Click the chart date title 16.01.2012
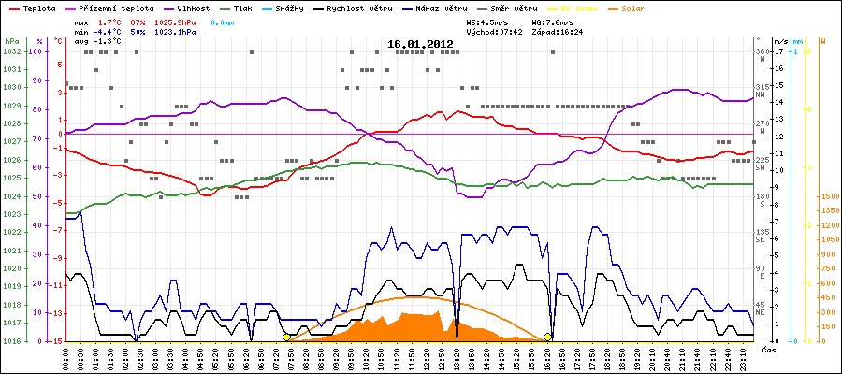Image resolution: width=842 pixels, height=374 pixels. [420, 44]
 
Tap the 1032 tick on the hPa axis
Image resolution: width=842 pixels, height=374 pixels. [11, 51]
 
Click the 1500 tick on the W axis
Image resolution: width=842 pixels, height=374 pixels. [828, 197]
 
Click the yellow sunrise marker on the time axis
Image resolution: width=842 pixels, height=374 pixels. [286, 337]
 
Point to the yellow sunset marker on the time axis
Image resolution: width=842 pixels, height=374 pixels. [548, 337]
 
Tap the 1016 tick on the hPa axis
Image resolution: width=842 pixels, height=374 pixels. [11, 341]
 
